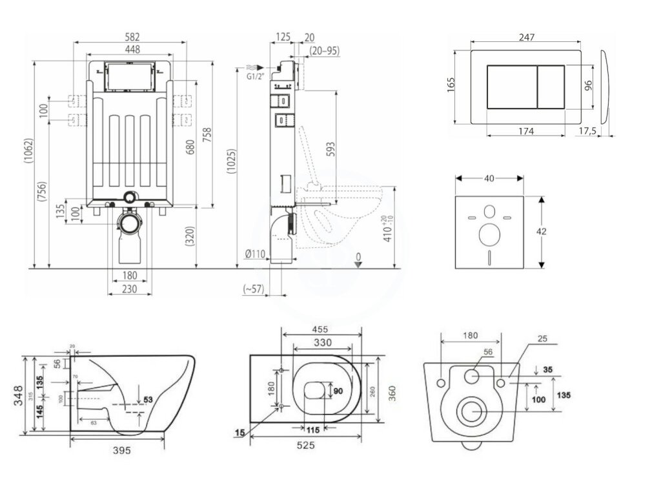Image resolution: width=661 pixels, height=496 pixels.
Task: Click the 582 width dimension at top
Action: (130, 37)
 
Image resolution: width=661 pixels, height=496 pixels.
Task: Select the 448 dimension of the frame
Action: (130, 50)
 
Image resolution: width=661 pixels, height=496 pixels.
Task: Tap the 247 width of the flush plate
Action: (527, 37)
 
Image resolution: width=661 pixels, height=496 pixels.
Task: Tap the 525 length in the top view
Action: (306, 445)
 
